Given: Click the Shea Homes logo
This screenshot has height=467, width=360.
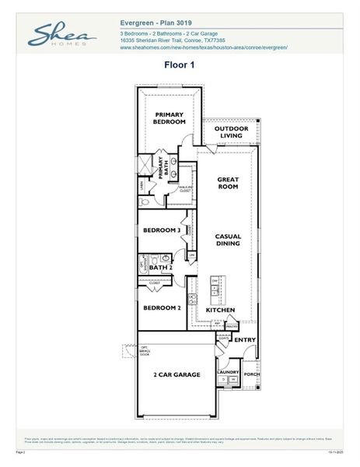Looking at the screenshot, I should (x=62, y=35).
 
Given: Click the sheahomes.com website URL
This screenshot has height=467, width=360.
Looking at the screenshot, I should (x=204, y=47).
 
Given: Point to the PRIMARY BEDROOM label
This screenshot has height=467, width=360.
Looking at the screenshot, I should (x=169, y=118).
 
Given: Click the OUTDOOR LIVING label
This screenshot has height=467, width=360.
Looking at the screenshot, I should (x=231, y=132).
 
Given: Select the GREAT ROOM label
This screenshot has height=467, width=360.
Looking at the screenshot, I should (x=227, y=184).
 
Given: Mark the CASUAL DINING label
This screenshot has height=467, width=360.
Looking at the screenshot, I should (x=228, y=240).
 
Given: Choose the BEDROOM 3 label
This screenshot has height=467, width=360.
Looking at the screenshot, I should (x=162, y=230).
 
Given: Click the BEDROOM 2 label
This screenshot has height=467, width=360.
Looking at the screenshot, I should (x=162, y=307).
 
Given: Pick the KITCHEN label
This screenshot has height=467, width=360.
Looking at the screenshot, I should (x=220, y=310).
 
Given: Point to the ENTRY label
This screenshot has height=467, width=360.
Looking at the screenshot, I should (x=245, y=339).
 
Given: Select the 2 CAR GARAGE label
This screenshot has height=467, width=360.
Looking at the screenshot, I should (x=177, y=374).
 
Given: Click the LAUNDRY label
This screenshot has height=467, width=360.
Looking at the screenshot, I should (x=228, y=372).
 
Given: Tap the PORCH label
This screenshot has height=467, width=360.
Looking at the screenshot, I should (x=252, y=372).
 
